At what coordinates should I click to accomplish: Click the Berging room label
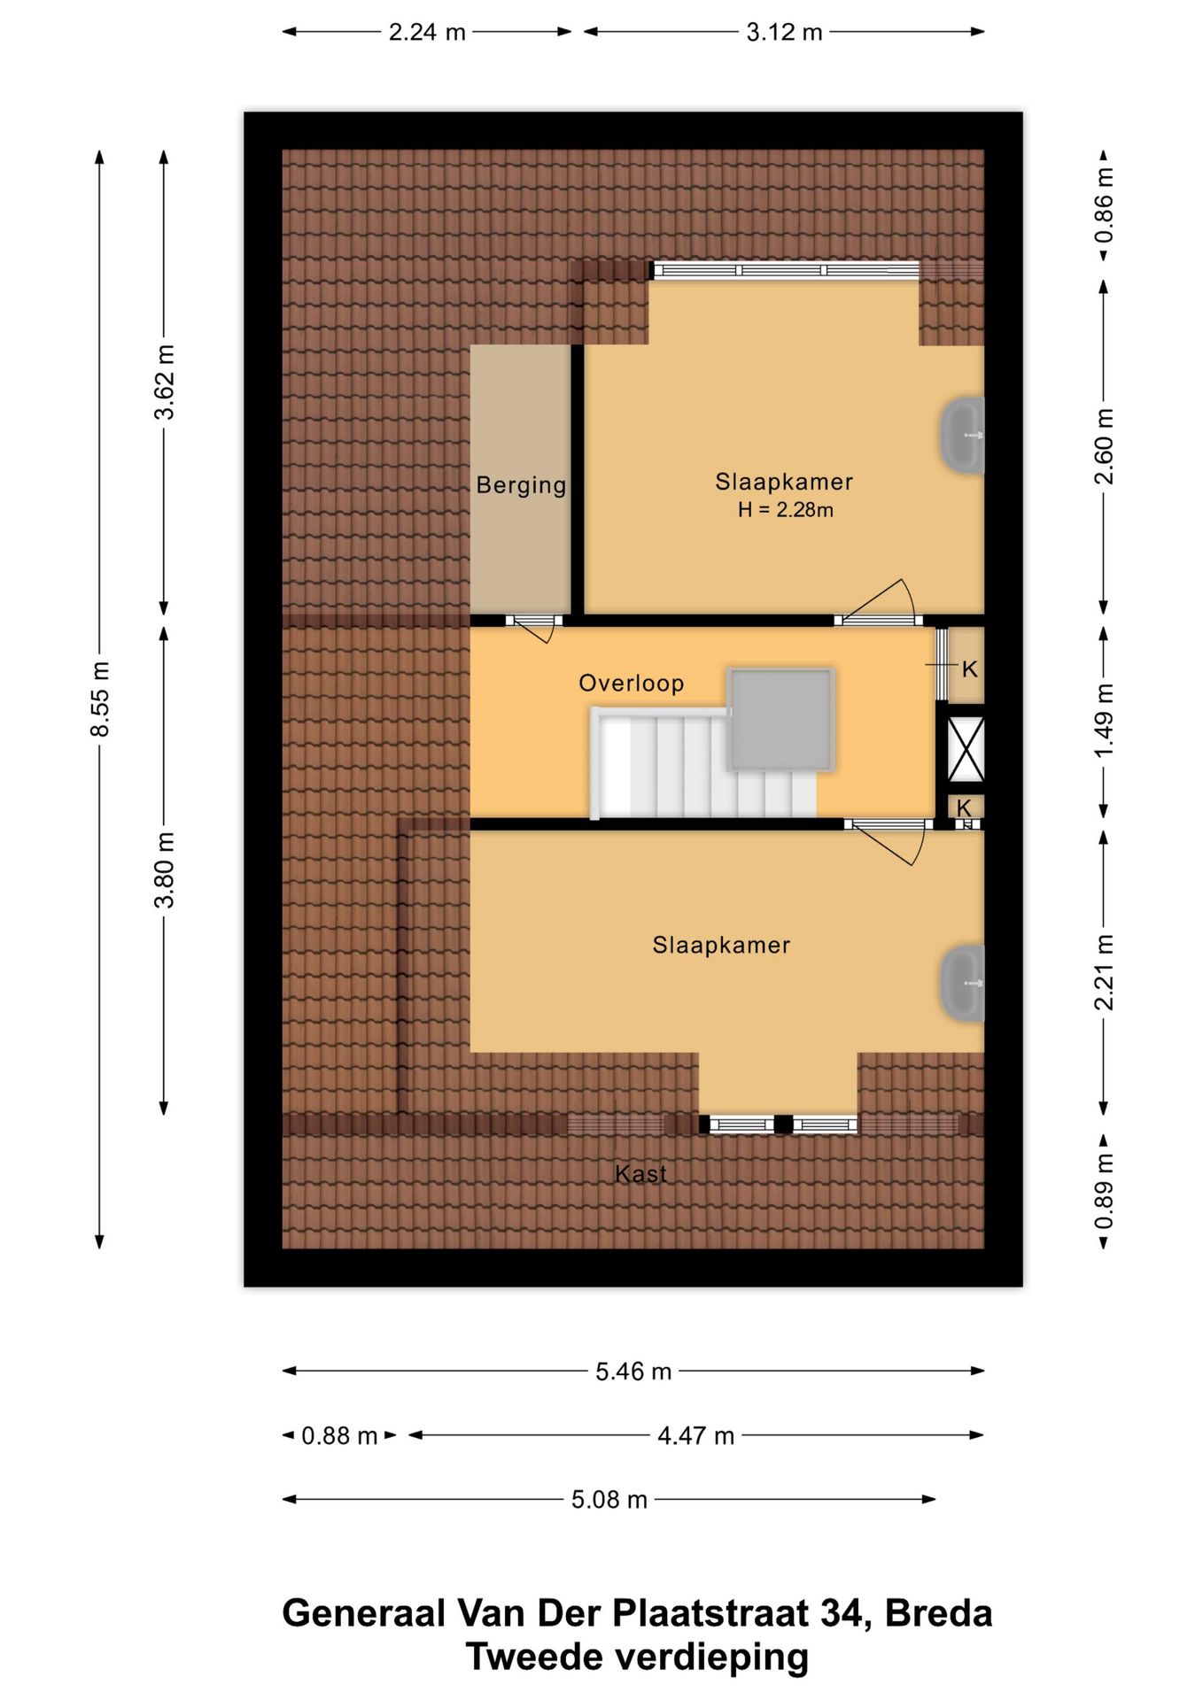(521, 485)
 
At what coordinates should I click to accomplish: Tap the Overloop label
(632, 684)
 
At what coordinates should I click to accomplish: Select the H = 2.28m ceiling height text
(786, 510)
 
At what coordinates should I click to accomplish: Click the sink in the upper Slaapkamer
(962, 436)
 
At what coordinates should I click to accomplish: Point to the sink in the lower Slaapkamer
(962, 984)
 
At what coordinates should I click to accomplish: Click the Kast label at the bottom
(640, 1174)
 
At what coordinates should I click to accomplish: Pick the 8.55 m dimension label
(100, 699)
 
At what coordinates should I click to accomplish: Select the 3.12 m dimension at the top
(784, 33)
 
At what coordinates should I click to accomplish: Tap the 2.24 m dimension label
(427, 33)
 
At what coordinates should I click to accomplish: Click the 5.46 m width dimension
(633, 1372)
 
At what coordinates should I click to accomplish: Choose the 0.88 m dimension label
(339, 1435)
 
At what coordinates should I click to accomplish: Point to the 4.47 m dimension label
(695, 1435)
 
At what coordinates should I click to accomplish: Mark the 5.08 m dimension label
(609, 1500)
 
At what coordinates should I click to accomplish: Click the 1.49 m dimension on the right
(1104, 721)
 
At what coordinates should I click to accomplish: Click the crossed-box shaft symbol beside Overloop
(966, 749)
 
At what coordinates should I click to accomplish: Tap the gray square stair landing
(780, 720)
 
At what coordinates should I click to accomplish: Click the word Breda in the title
(938, 1614)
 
